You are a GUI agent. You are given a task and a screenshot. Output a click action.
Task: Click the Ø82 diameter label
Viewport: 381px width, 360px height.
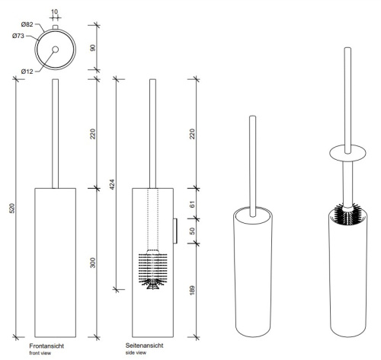(27, 24)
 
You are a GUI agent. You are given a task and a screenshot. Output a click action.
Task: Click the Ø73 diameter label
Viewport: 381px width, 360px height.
(18, 36)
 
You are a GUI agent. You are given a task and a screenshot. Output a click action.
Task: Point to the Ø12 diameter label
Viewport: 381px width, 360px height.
(27, 72)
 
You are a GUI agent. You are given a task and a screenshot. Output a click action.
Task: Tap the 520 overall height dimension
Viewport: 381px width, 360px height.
(13, 209)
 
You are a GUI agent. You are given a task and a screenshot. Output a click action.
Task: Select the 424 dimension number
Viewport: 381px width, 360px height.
(113, 184)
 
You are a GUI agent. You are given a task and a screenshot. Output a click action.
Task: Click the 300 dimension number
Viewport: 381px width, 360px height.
(93, 263)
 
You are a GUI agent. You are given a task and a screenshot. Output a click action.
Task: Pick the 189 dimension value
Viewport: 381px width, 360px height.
(192, 290)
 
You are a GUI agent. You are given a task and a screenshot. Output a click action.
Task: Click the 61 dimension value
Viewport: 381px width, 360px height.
(192, 204)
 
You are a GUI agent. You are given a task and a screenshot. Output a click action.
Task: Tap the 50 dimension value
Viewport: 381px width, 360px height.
(192, 231)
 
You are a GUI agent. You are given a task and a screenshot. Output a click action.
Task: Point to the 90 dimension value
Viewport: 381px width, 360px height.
(93, 48)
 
